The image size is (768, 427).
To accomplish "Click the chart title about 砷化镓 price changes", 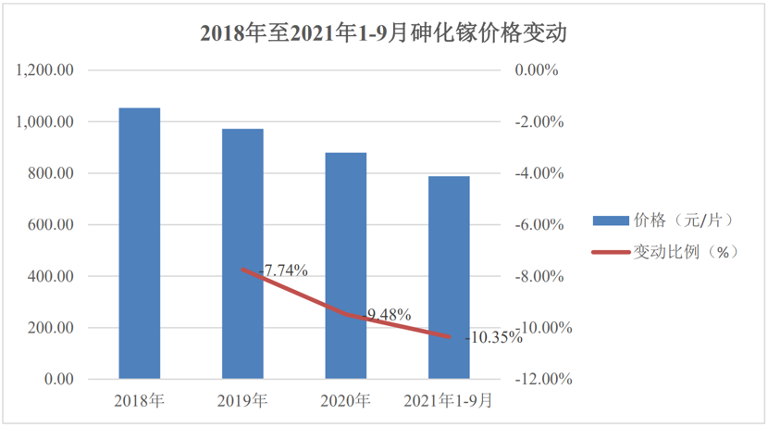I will [383, 34].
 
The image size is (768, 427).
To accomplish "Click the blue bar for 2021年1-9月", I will [449, 277].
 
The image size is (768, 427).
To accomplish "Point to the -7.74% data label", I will [284, 270].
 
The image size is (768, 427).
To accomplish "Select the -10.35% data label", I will [492, 338].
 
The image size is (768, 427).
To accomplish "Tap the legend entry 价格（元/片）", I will [663, 220].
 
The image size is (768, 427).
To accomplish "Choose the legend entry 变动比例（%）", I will [663, 252].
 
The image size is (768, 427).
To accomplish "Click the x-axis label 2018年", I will [140, 401].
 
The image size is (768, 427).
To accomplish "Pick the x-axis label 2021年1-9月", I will [449, 401].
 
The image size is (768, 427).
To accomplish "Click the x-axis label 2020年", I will [346, 401].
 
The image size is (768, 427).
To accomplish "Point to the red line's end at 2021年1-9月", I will [450, 337].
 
